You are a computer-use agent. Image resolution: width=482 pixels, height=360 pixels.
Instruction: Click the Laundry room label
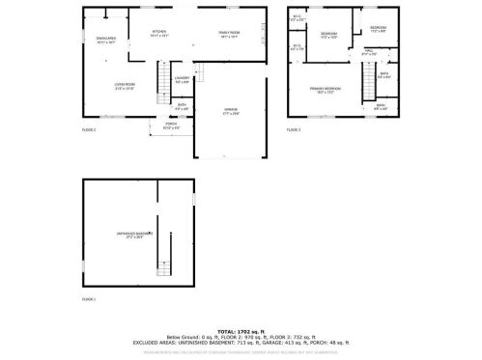click(x=183, y=78)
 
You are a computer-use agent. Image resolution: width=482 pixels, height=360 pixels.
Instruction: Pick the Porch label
click(x=171, y=125)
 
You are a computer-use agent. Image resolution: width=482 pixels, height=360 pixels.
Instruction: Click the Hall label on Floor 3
click(x=369, y=51)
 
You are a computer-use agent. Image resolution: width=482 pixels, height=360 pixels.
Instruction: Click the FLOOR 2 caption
click(x=90, y=128)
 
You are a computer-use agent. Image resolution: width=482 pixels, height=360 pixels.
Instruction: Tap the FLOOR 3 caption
click(x=294, y=128)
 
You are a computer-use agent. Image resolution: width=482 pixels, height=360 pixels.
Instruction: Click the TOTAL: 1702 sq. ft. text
click(x=241, y=330)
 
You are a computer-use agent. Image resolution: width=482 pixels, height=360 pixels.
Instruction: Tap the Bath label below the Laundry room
click(x=182, y=107)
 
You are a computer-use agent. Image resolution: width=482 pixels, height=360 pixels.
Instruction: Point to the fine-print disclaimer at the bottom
click(x=241, y=352)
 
